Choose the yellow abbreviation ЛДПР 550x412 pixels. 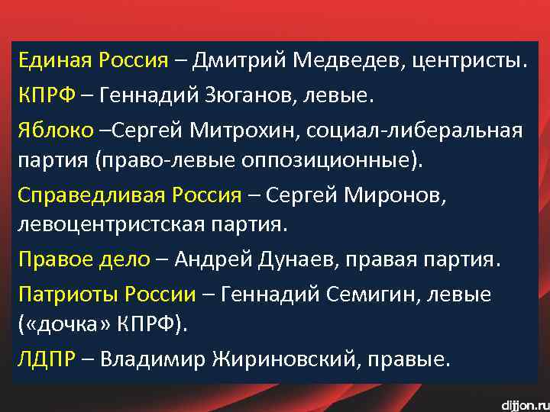tap(47, 359)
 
